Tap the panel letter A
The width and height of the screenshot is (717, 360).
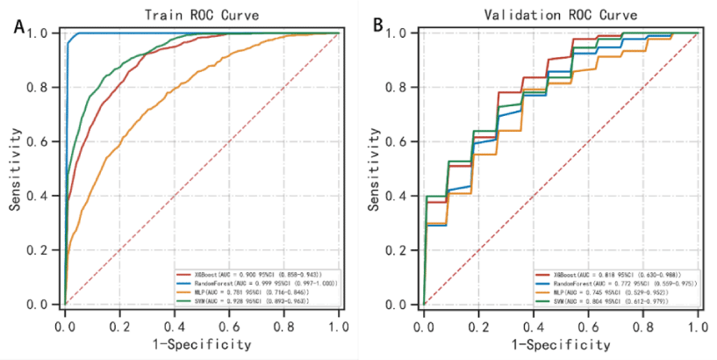point(19,27)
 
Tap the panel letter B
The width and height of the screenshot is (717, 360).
point(379,27)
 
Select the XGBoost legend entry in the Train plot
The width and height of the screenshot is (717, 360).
point(255,276)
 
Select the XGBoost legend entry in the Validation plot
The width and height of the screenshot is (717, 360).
point(614,276)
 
